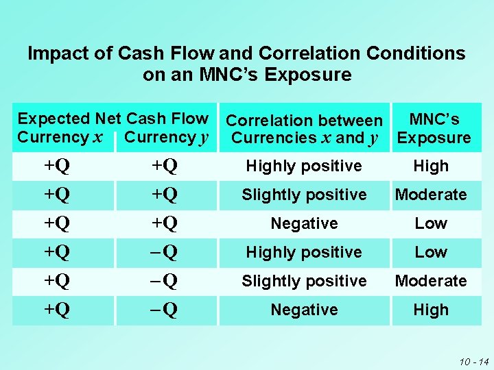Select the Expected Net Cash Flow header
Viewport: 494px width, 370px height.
click(x=113, y=119)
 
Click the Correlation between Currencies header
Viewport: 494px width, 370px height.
click(x=304, y=129)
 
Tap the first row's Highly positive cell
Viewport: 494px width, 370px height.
click(x=304, y=166)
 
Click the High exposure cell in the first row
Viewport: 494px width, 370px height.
click(x=431, y=166)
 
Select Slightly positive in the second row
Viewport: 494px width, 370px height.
click(x=304, y=195)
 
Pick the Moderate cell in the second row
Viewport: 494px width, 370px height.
click(x=431, y=195)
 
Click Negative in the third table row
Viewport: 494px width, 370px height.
click(x=304, y=223)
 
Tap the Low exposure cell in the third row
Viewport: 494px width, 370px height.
click(x=431, y=223)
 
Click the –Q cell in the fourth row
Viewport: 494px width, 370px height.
click(x=165, y=252)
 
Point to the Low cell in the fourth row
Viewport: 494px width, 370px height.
click(x=431, y=252)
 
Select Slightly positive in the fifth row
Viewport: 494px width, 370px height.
click(x=304, y=281)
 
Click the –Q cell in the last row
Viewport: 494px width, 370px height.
click(x=165, y=310)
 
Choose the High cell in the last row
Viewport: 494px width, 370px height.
click(x=431, y=310)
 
